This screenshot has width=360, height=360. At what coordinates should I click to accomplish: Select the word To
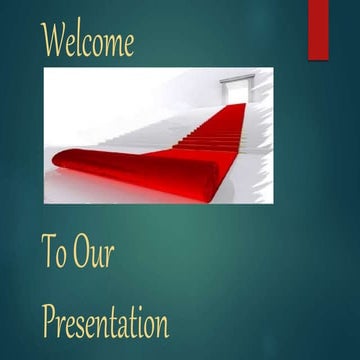(54, 253)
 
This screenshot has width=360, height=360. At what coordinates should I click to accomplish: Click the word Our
(93, 253)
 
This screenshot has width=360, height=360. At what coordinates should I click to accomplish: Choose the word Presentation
(105, 322)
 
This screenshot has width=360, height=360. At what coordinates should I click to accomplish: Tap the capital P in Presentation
(49, 321)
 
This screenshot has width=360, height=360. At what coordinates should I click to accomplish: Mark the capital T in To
(48, 252)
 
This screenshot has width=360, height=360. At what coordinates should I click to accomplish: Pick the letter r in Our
(109, 257)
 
